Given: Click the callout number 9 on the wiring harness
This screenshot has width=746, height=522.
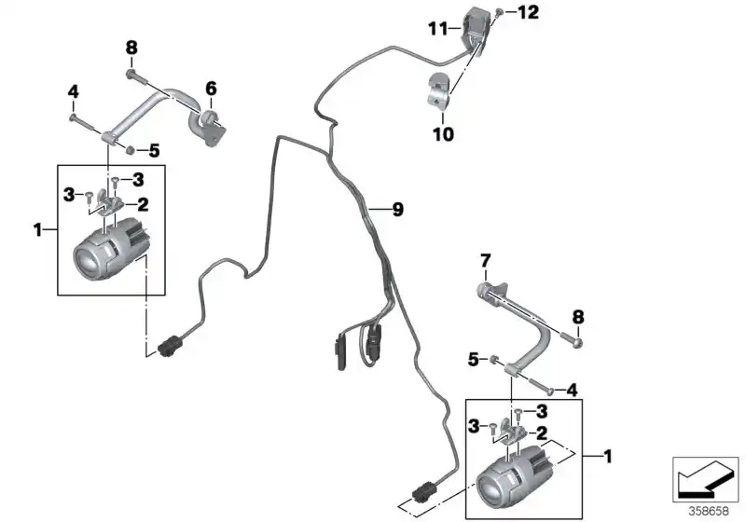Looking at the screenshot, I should coord(397,211).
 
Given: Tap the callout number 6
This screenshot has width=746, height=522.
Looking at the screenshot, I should coord(211,89).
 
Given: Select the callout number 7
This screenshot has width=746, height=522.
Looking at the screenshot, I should coord(485,258).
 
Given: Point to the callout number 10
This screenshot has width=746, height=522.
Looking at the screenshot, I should coord(443,134).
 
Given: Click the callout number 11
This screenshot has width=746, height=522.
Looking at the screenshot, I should coord(437,30).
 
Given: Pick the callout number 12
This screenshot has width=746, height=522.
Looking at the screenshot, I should coord(528,12).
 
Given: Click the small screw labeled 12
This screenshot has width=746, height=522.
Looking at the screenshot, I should coord(501,13).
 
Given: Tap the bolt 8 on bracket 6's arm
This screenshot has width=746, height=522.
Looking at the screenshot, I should coord(131,72).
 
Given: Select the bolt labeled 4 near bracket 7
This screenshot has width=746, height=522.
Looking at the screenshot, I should coord(550,390).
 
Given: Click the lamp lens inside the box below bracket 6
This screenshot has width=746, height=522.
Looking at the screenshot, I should coord(90,260).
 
